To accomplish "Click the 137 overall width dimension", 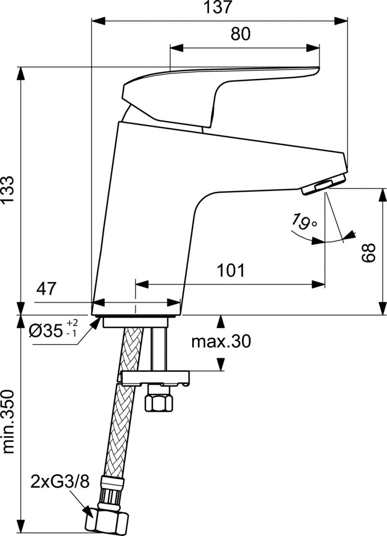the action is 218,7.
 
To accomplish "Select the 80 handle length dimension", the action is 240,34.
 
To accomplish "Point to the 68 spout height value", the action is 369,253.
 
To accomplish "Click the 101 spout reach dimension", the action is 231,271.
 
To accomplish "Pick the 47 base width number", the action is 46,289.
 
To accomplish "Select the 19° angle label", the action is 304,221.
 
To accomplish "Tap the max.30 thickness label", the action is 221,341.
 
